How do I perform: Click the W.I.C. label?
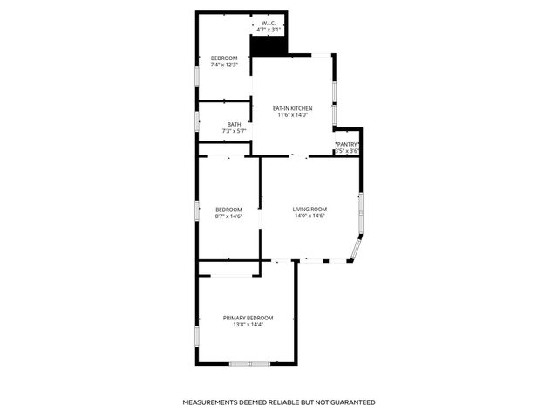pos(270,23)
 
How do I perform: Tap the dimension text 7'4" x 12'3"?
pos(224,65)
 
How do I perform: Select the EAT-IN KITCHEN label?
pos(293,108)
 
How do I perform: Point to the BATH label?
pos(235,124)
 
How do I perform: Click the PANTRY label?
pos(347,144)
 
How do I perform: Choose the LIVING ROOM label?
pos(310,209)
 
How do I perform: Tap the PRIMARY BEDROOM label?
pos(248,318)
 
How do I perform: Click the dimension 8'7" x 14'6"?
pos(228,216)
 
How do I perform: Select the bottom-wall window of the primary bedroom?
pos(248,363)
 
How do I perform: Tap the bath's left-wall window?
pos(198,121)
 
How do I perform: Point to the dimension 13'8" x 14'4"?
pos(248,326)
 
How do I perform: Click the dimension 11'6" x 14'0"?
pos(293,115)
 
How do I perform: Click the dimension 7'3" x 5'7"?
pos(235,131)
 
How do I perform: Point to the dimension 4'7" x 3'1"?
pos(270,30)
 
